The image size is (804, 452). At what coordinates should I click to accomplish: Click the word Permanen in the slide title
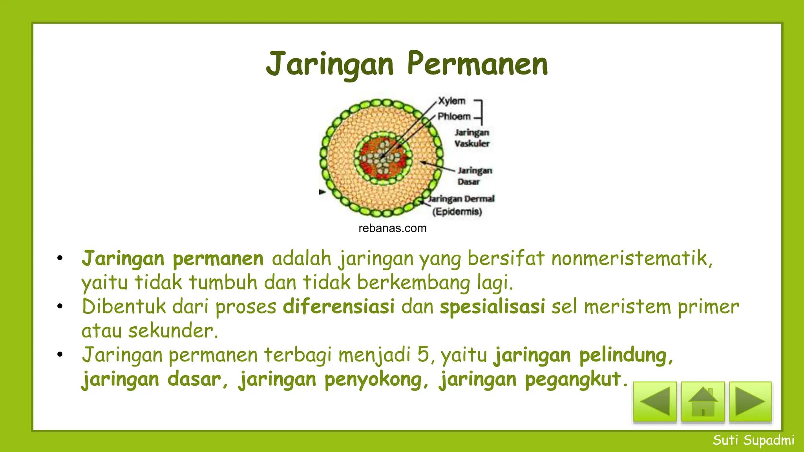tap(477, 64)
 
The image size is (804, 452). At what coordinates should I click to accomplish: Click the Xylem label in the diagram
tap(451, 101)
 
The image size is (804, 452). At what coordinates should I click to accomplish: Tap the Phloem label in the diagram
tap(454, 117)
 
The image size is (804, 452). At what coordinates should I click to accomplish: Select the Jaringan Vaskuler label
tap(472, 138)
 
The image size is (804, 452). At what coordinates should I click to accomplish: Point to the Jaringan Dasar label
tap(474, 176)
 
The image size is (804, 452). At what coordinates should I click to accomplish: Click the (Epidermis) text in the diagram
tap(457, 212)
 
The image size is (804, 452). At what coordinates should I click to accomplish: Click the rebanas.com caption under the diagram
tap(392, 228)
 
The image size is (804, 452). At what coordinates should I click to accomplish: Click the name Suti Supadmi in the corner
tap(753, 440)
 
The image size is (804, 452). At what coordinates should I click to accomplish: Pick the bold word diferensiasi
tap(338, 306)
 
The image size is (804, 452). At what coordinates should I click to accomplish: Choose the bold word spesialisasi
tap(492, 306)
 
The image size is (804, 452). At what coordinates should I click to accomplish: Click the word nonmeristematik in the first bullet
tap(631, 259)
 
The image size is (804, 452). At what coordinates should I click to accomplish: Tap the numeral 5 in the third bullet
tap(423, 355)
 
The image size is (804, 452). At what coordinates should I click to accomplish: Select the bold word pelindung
tap(626, 355)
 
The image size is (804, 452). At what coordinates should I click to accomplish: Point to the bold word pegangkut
tap(573, 379)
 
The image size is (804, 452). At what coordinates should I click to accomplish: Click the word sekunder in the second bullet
tap(173, 331)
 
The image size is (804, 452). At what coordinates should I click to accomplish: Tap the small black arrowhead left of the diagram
tap(322, 192)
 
